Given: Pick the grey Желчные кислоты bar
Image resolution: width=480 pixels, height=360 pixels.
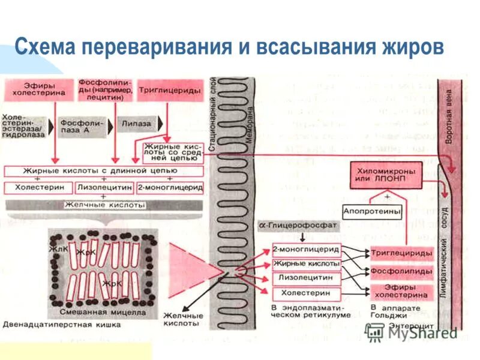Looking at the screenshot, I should (x=104, y=205).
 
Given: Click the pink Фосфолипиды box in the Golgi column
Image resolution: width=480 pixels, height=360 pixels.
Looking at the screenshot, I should (x=401, y=271).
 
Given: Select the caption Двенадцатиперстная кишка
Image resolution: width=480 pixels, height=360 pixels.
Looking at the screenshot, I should (x=62, y=325).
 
